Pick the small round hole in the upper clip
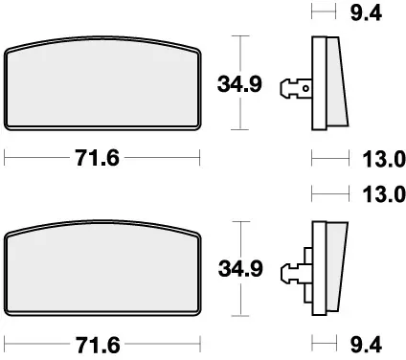point(305,89)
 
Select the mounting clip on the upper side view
point(293,88)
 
